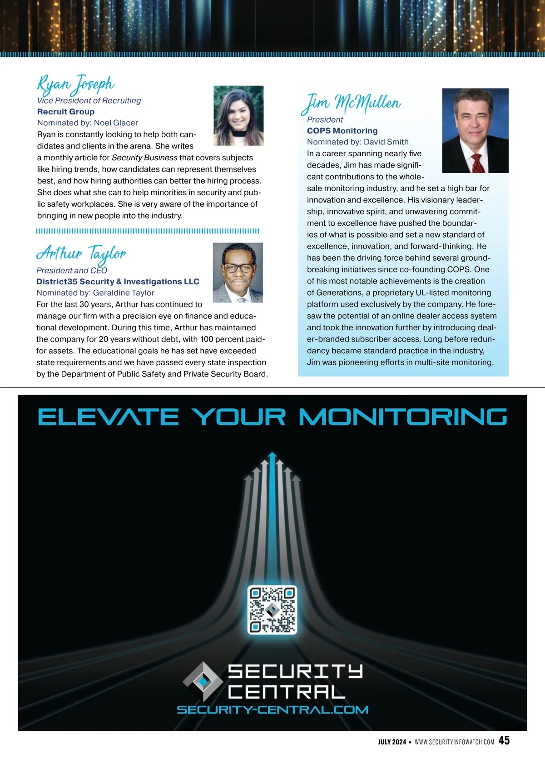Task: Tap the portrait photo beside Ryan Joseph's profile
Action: point(238,115)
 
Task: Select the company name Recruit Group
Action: point(66,112)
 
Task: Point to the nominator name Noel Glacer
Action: point(116,123)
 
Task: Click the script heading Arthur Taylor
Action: point(81,253)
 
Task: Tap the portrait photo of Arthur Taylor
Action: point(238,272)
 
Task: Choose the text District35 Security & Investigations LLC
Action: point(118,282)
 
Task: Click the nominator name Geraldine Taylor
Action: point(124,293)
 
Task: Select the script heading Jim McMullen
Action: point(352,103)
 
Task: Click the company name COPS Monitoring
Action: point(342,131)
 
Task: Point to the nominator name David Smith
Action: point(386,142)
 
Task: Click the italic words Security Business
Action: point(144,158)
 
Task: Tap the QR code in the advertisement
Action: point(272,609)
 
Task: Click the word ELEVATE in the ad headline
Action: point(108,417)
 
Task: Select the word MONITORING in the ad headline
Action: point(403,417)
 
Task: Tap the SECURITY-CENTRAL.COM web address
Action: point(272,710)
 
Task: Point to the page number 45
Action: point(504,740)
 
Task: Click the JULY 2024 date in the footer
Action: point(392,742)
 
